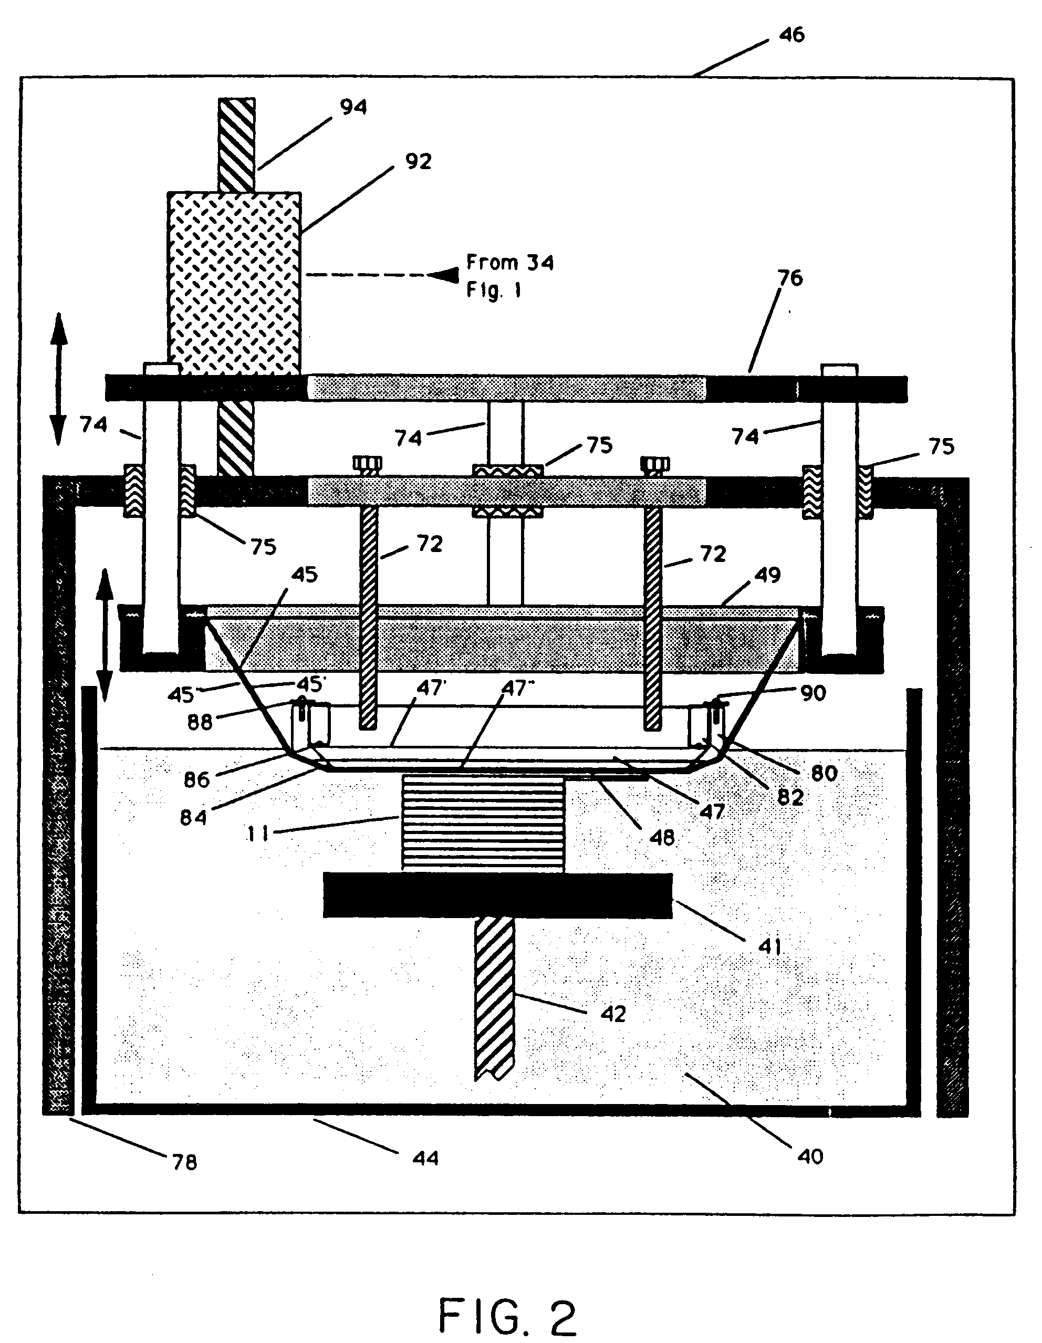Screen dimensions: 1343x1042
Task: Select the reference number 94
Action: (353, 107)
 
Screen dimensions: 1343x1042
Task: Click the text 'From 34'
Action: (509, 263)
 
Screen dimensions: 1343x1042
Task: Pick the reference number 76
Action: (790, 278)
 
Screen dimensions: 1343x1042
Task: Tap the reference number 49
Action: (767, 575)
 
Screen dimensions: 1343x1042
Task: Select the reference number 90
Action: (812, 693)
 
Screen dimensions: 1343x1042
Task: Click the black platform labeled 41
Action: (497, 896)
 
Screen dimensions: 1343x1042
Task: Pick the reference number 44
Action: (425, 1158)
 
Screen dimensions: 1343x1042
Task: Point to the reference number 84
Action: (193, 817)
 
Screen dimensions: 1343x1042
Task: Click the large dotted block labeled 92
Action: (234, 283)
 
